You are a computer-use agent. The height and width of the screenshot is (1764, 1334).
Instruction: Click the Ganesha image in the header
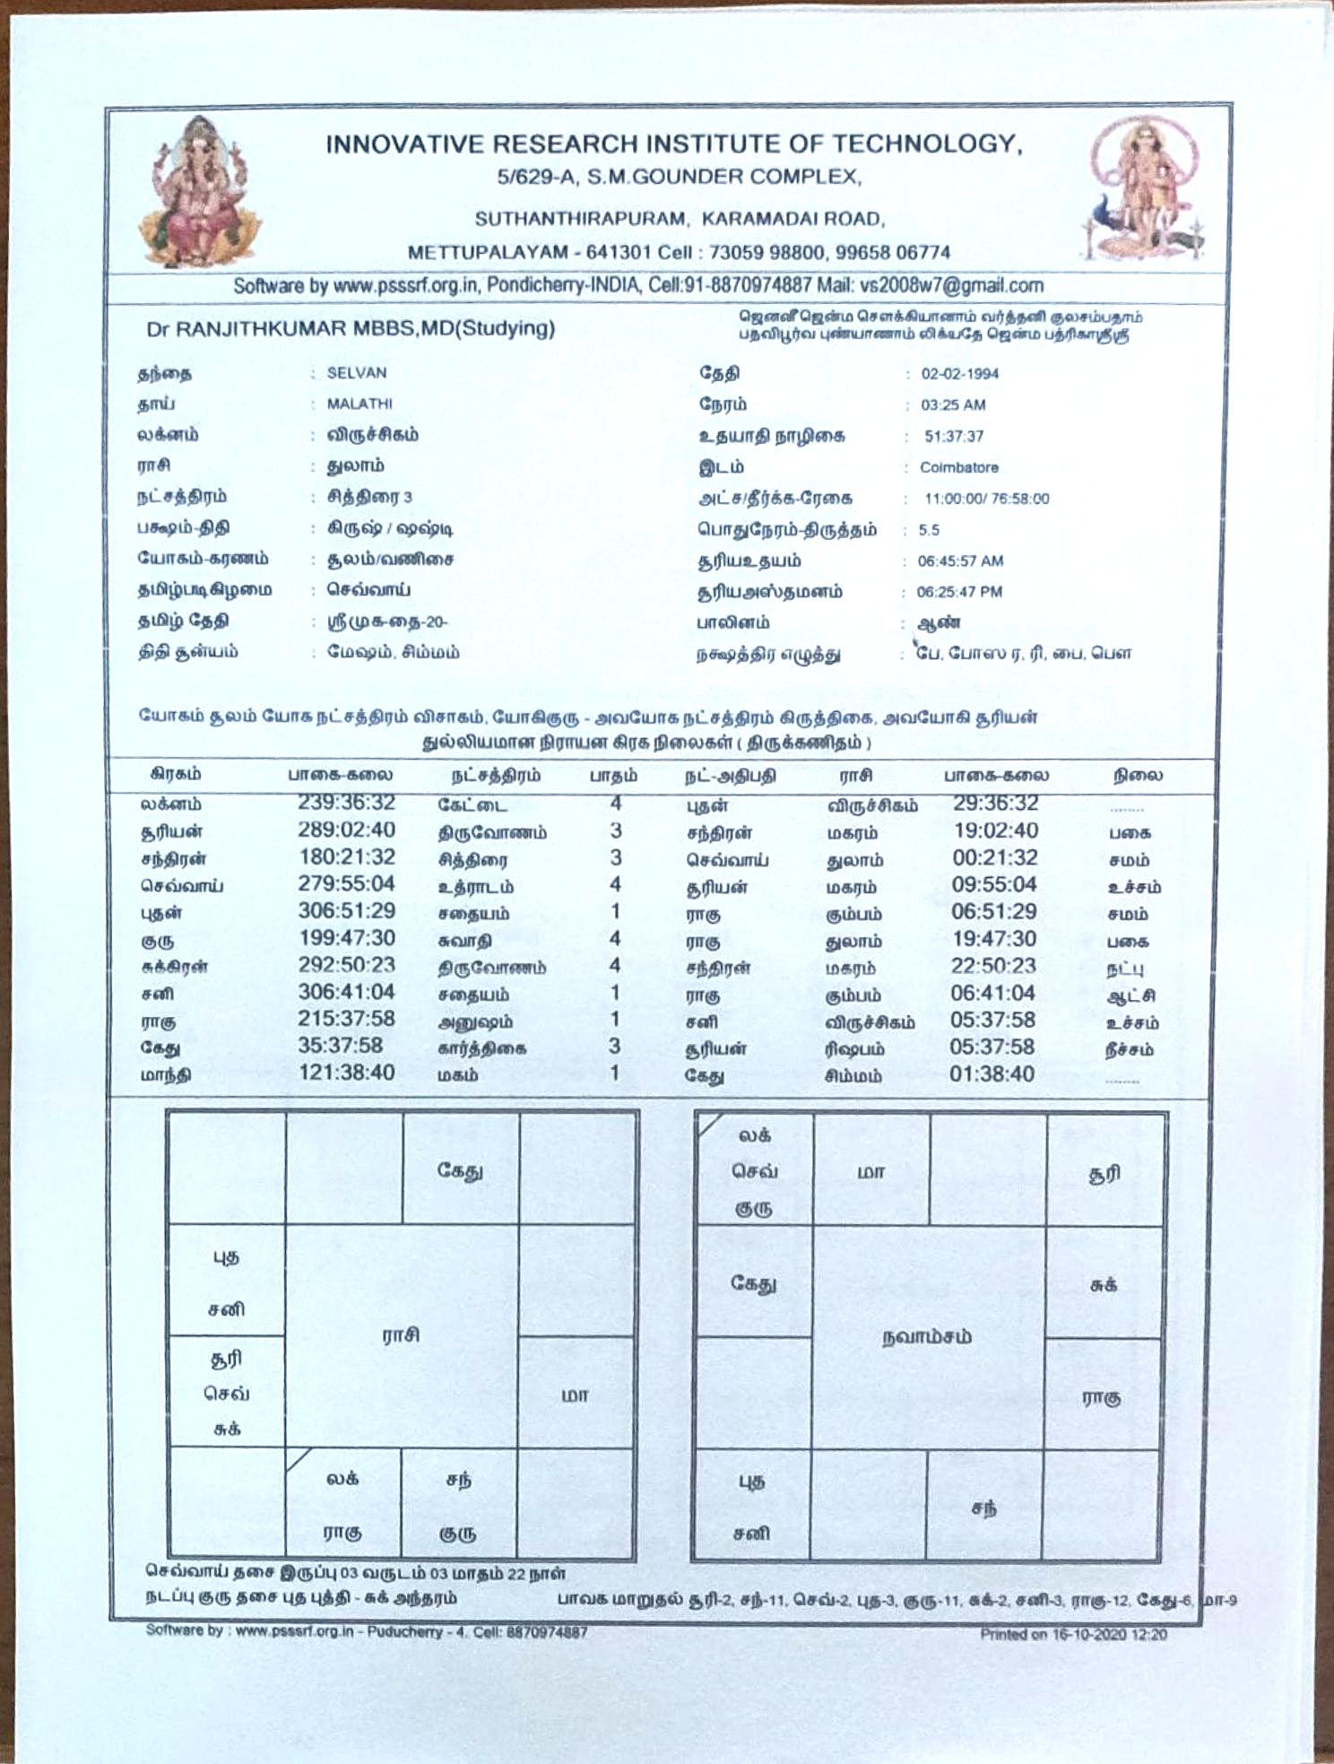tap(199, 193)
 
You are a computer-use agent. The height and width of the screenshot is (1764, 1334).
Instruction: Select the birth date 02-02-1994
tap(959, 374)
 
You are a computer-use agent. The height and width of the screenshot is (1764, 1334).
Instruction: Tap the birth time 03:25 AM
tap(953, 405)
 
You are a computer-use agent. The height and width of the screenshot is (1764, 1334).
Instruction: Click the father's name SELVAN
tap(357, 373)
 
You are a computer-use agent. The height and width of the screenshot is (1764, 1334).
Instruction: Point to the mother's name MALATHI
tap(359, 404)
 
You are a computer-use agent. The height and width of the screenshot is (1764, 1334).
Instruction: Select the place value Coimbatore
tap(958, 467)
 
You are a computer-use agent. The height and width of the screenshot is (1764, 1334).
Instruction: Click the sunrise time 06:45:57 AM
tap(960, 561)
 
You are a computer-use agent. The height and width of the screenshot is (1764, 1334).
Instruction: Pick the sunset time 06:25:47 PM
tap(959, 592)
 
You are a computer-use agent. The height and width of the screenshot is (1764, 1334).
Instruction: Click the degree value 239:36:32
tap(346, 803)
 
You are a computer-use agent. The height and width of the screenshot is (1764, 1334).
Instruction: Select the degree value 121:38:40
tap(346, 1073)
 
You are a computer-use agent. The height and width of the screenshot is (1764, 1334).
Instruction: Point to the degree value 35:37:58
tap(340, 1046)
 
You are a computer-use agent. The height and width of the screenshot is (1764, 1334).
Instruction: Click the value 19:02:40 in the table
tap(995, 831)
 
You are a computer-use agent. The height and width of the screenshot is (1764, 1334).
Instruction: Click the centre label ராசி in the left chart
tap(401, 1335)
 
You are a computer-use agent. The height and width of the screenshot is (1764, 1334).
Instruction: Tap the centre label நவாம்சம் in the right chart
tap(927, 1337)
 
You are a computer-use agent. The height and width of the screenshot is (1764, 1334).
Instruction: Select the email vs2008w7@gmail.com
tap(952, 286)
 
